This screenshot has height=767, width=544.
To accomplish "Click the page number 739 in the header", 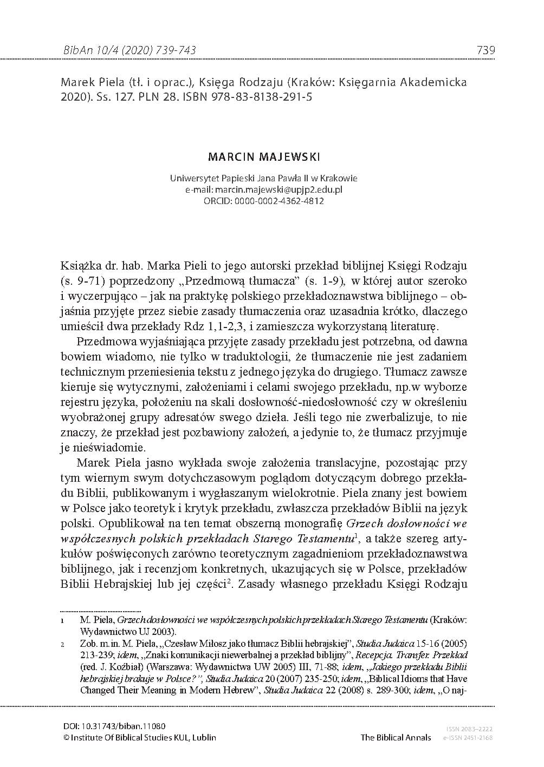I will (485, 50).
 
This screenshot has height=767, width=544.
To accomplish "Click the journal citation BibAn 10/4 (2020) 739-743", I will (130, 50).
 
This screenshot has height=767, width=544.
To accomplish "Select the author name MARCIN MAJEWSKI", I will (264, 157).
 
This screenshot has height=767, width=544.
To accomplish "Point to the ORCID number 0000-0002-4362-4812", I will (280, 201).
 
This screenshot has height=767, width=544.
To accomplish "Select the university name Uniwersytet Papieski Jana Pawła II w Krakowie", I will (264, 178).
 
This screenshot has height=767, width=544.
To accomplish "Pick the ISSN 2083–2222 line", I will (469, 730).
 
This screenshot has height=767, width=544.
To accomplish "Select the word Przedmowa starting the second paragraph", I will (102, 342).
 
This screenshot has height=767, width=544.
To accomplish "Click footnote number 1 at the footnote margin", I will (63, 619).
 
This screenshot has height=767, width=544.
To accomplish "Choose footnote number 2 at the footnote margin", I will (63, 645).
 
